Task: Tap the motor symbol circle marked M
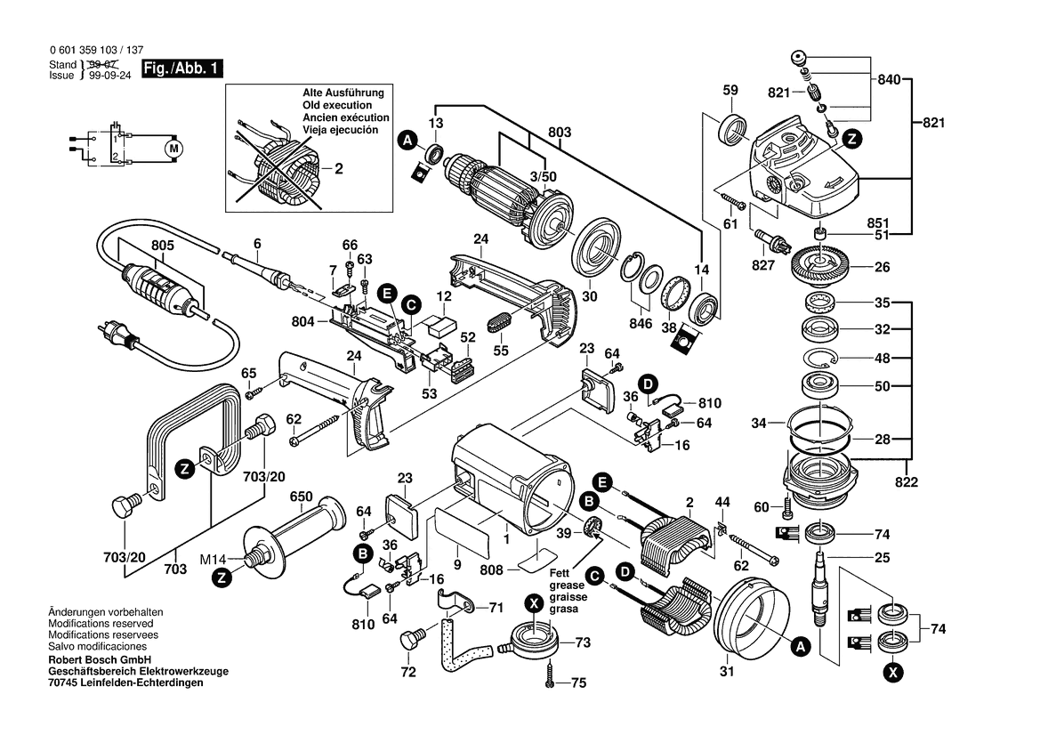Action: click(x=173, y=147)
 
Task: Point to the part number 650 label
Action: click(x=302, y=496)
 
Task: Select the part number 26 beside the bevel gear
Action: click(x=882, y=265)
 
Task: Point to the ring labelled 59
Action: click(x=732, y=128)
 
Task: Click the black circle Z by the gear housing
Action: click(x=851, y=138)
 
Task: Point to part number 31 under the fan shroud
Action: click(x=727, y=672)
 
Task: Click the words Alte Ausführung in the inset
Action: click(x=343, y=93)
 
